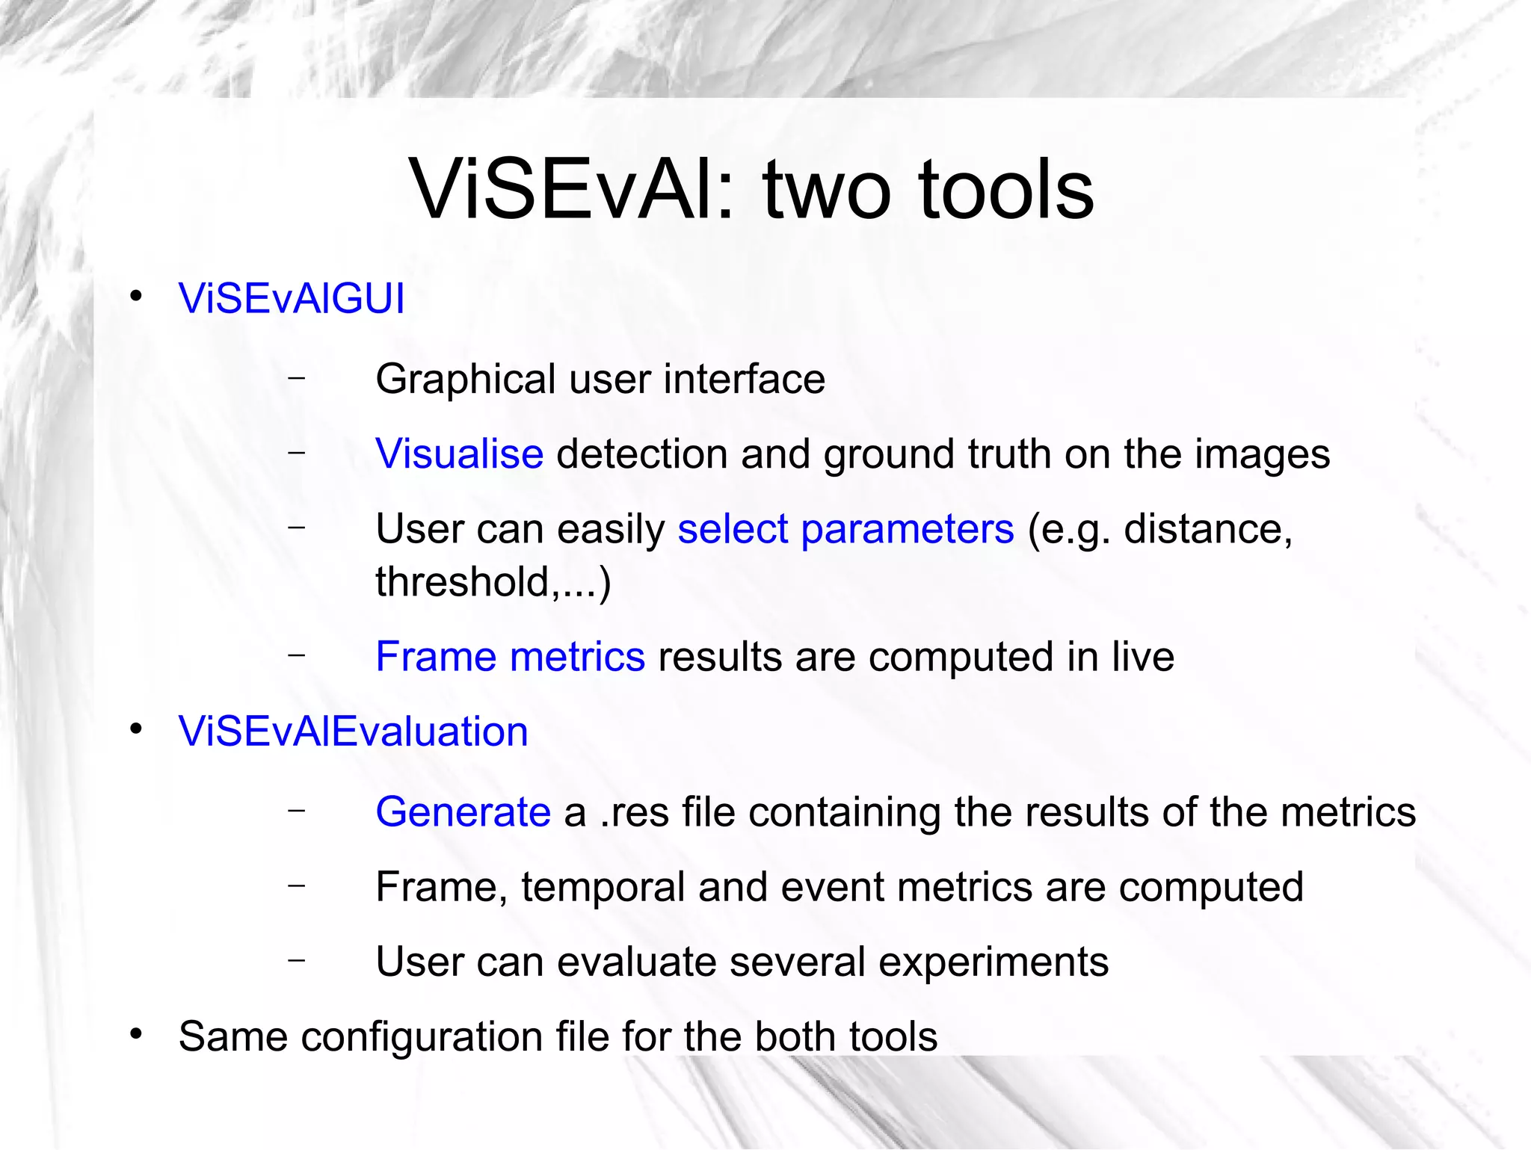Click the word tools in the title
point(1005,191)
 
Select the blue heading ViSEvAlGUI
point(292,299)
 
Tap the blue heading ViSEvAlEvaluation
point(353,732)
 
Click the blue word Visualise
point(459,454)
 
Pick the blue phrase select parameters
point(845,530)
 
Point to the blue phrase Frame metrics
point(510,658)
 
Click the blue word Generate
point(463,812)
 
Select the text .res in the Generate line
point(634,813)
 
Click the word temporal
point(603,888)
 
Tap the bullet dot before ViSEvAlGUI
point(135,297)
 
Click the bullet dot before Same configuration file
point(135,1034)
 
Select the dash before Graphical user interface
point(297,377)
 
